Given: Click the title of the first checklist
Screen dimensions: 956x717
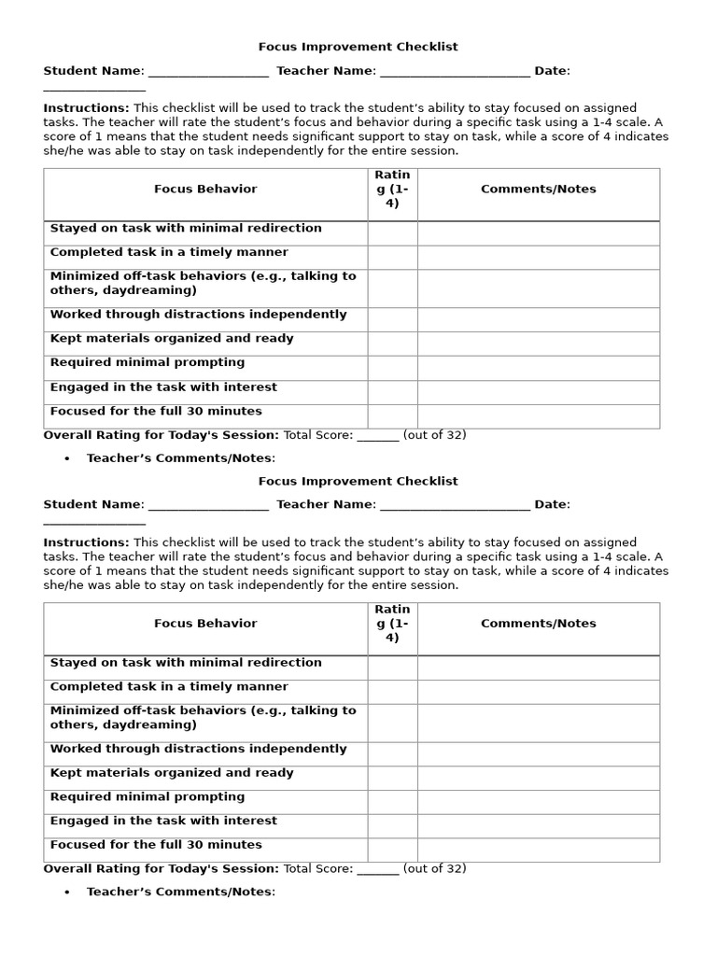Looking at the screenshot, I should coord(358,47).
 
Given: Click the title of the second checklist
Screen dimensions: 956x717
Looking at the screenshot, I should coord(358,481).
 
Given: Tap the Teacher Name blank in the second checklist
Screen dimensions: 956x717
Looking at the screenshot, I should coord(455,506).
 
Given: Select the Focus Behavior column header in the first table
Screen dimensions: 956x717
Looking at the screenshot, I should coord(205,190).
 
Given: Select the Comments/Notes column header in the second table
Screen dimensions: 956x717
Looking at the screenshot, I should coord(538,624).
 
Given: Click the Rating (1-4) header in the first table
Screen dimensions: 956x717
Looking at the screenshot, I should coord(392,190).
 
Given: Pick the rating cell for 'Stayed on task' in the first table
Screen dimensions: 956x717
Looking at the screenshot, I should coord(392,233).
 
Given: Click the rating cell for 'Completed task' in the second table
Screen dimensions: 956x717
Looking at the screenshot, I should coord(392,692).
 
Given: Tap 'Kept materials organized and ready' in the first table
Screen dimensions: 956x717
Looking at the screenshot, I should coord(172,339).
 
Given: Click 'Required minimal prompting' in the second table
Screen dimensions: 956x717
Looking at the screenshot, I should coord(148,797).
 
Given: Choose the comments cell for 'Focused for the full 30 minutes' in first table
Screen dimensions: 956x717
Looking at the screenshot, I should coord(538,416).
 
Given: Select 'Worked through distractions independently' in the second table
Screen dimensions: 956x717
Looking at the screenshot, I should coord(198,749).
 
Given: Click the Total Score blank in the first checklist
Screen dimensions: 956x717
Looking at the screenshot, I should coord(378,436).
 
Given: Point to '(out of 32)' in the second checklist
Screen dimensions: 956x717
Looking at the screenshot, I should coord(434,869).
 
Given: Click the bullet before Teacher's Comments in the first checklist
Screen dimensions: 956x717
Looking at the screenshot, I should coord(67,458).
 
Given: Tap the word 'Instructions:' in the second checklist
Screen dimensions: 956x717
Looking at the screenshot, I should coord(86,542).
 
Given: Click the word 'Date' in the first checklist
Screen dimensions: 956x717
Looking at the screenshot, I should coord(551,71).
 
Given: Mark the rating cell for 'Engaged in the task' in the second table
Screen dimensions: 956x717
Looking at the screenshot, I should coord(392,826).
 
